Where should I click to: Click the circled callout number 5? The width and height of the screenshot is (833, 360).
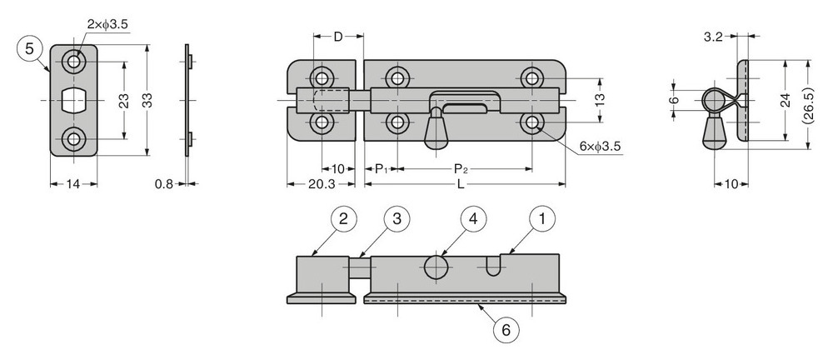[x=30, y=49]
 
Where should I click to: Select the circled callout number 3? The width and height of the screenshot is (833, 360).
[x=397, y=219]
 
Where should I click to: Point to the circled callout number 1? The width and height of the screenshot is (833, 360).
[x=543, y=219]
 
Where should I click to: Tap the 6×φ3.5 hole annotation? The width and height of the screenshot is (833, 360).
[x=601, y=147]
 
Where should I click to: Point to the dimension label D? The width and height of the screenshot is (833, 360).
[x=338, y=36]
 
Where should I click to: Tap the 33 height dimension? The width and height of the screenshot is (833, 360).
[x=147, y=100]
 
